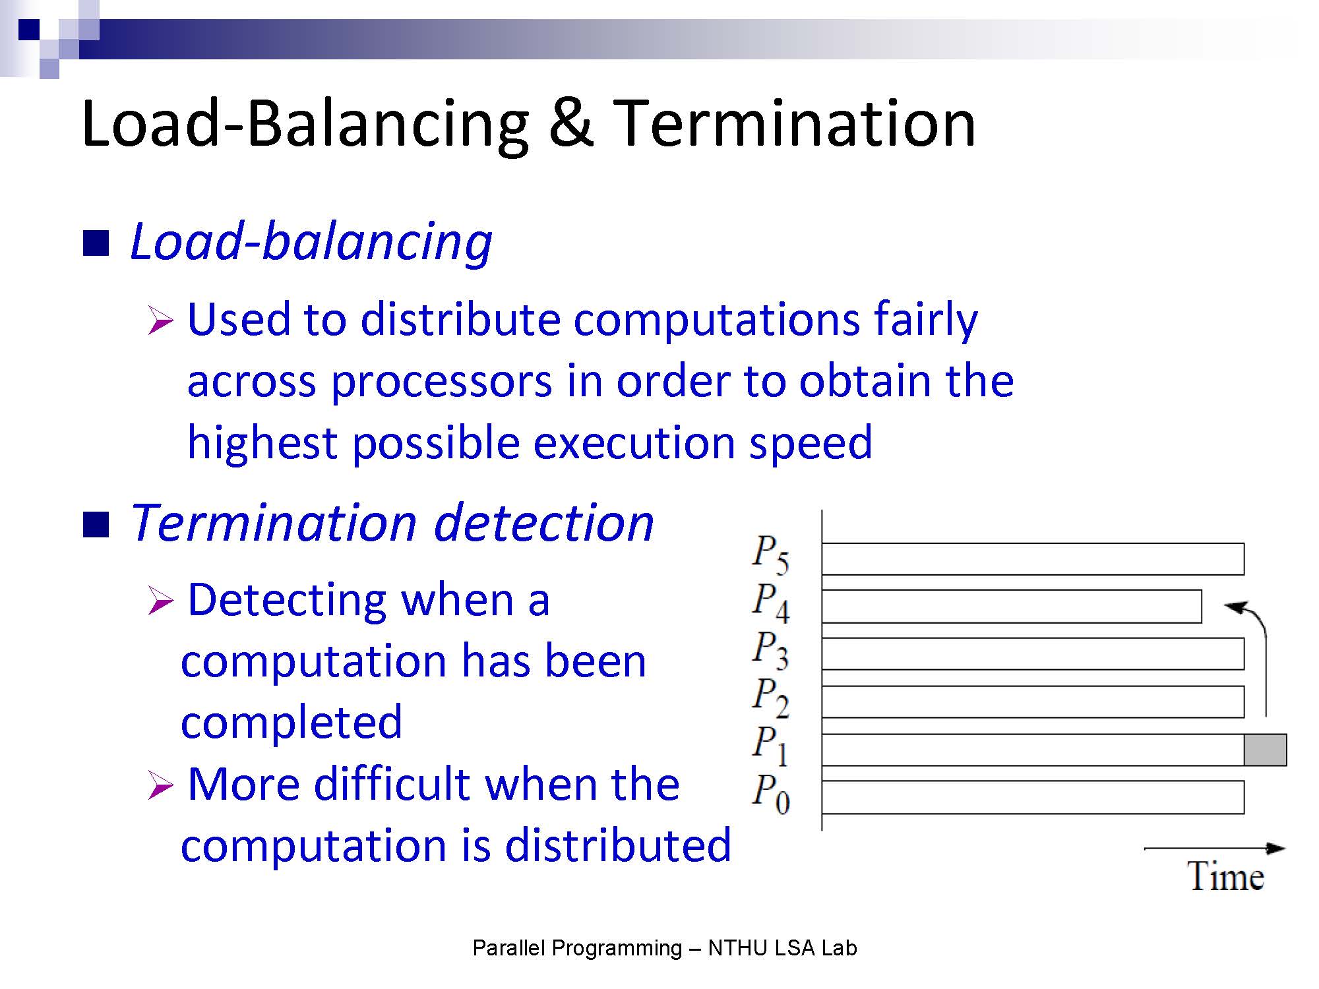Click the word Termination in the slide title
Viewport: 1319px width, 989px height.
pos(794,123)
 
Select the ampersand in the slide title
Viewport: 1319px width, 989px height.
pos(570,123)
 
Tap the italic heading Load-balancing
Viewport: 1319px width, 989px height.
pos(311,242)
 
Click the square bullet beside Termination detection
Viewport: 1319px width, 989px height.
pos(96,525)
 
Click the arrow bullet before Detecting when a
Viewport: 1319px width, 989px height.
pos(160,601)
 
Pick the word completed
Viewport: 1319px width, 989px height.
pos(291,723)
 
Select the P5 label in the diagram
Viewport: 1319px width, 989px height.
pos(770,554)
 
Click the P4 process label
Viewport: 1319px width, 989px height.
pos(770,602)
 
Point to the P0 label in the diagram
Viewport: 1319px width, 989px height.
pos(770,794)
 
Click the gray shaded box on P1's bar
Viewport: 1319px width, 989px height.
pos(1265,750)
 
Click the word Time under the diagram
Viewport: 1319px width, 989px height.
pos(1226,876)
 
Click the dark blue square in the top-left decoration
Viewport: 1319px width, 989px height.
pos(29,30)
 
